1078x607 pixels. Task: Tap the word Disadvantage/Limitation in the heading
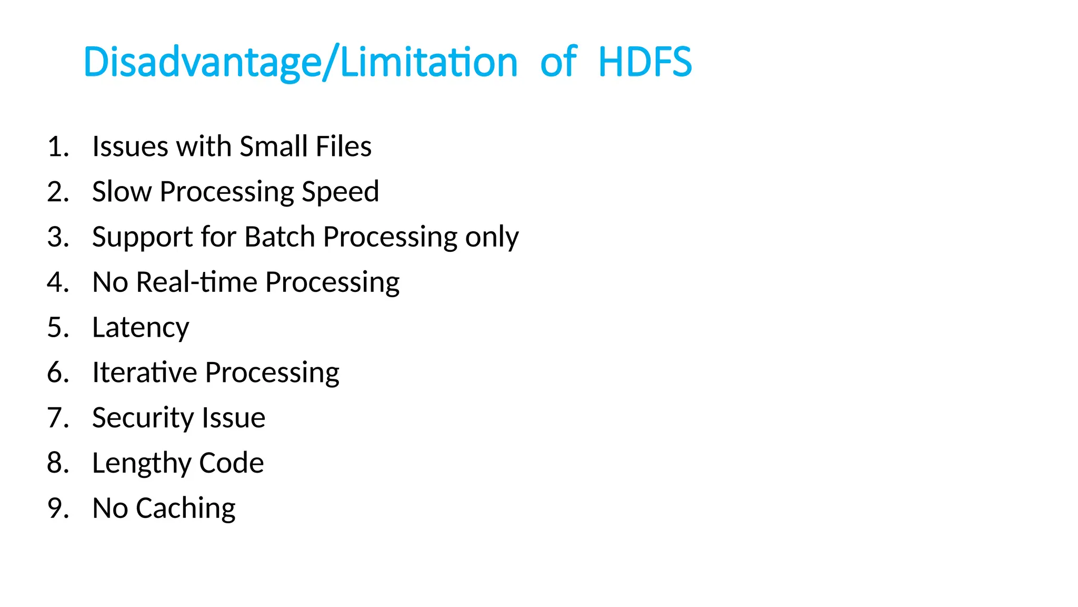(x=301, y=62)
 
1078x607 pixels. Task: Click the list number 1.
(x=57, y=146)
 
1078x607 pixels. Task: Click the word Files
(x=344, y=146)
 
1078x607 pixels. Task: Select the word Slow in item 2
(x=122, y=191)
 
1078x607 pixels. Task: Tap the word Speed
(x=340, y=192)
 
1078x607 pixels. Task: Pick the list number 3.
(x=57, y=237)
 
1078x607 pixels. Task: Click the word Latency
(x=141, y=328)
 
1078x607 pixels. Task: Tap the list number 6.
(x=57, y=373)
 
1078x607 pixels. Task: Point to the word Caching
(x=185, y=509)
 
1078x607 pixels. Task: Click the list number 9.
(x=57, y=508)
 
